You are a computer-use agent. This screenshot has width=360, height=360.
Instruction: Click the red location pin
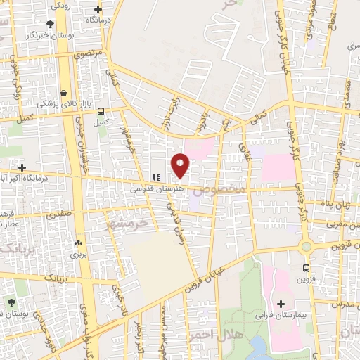(181, 165)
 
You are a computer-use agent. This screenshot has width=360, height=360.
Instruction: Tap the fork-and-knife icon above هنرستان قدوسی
(157, 177)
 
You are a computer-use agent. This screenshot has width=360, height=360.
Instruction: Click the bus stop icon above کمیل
(101, 111)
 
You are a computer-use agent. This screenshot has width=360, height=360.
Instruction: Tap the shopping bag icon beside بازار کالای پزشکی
(64, 93)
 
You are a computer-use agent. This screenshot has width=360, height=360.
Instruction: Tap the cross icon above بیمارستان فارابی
(281, 304)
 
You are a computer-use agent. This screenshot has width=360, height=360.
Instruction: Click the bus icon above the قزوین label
(306, 268)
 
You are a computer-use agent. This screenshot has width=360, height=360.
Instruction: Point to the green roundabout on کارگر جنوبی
(306, 246)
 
